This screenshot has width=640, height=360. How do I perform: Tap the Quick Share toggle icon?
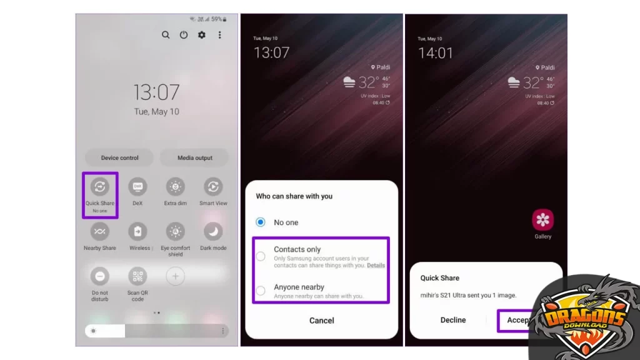[100, 186]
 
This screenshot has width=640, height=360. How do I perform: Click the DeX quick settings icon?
[137, 186]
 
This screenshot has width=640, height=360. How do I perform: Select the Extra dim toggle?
[176, 186]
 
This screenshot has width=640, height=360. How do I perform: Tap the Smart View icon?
[213, 186]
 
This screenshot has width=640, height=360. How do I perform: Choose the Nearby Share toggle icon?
[100, 231]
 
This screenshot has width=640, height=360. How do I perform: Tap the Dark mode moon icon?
[213, 231]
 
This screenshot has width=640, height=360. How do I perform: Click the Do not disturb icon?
[100, 276]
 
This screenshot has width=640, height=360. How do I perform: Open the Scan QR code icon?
[137, 276]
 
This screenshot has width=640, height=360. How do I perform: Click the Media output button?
[194, 157]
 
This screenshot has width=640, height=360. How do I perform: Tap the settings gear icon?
[201, 35]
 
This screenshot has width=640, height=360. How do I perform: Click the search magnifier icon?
[166, 35]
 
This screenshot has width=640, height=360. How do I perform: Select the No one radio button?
[261, 222]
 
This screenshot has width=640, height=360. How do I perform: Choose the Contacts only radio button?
[261, 256]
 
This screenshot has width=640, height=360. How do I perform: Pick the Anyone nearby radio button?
[261, 291]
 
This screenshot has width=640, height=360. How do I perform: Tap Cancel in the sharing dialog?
[321, 320]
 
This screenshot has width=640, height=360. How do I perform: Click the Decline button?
[453, 320]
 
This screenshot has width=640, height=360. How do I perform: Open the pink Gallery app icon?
[542, 220]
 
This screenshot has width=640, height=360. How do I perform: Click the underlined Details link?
[376, 266]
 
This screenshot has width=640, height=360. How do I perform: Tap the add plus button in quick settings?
[176, 276]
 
